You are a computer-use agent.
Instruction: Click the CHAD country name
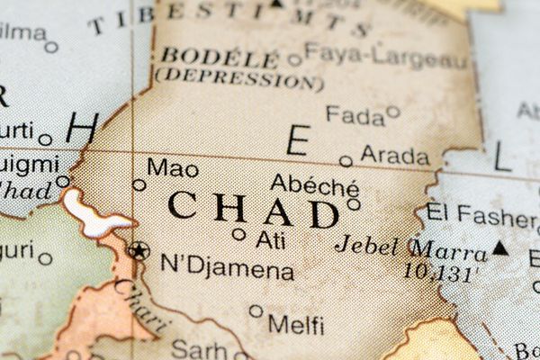253,210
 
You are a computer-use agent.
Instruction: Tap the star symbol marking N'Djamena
138,250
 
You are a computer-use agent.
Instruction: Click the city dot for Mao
139,185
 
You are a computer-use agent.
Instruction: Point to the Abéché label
314,185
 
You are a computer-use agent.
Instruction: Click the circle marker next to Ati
238,234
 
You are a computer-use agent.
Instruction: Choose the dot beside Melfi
256,311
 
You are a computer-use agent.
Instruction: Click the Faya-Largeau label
386,57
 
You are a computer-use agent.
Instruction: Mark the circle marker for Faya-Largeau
294,60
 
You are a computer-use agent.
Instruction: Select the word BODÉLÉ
220,57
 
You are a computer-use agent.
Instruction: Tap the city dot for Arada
346,161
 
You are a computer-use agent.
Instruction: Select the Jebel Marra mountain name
409,246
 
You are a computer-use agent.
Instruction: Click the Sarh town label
198,348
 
